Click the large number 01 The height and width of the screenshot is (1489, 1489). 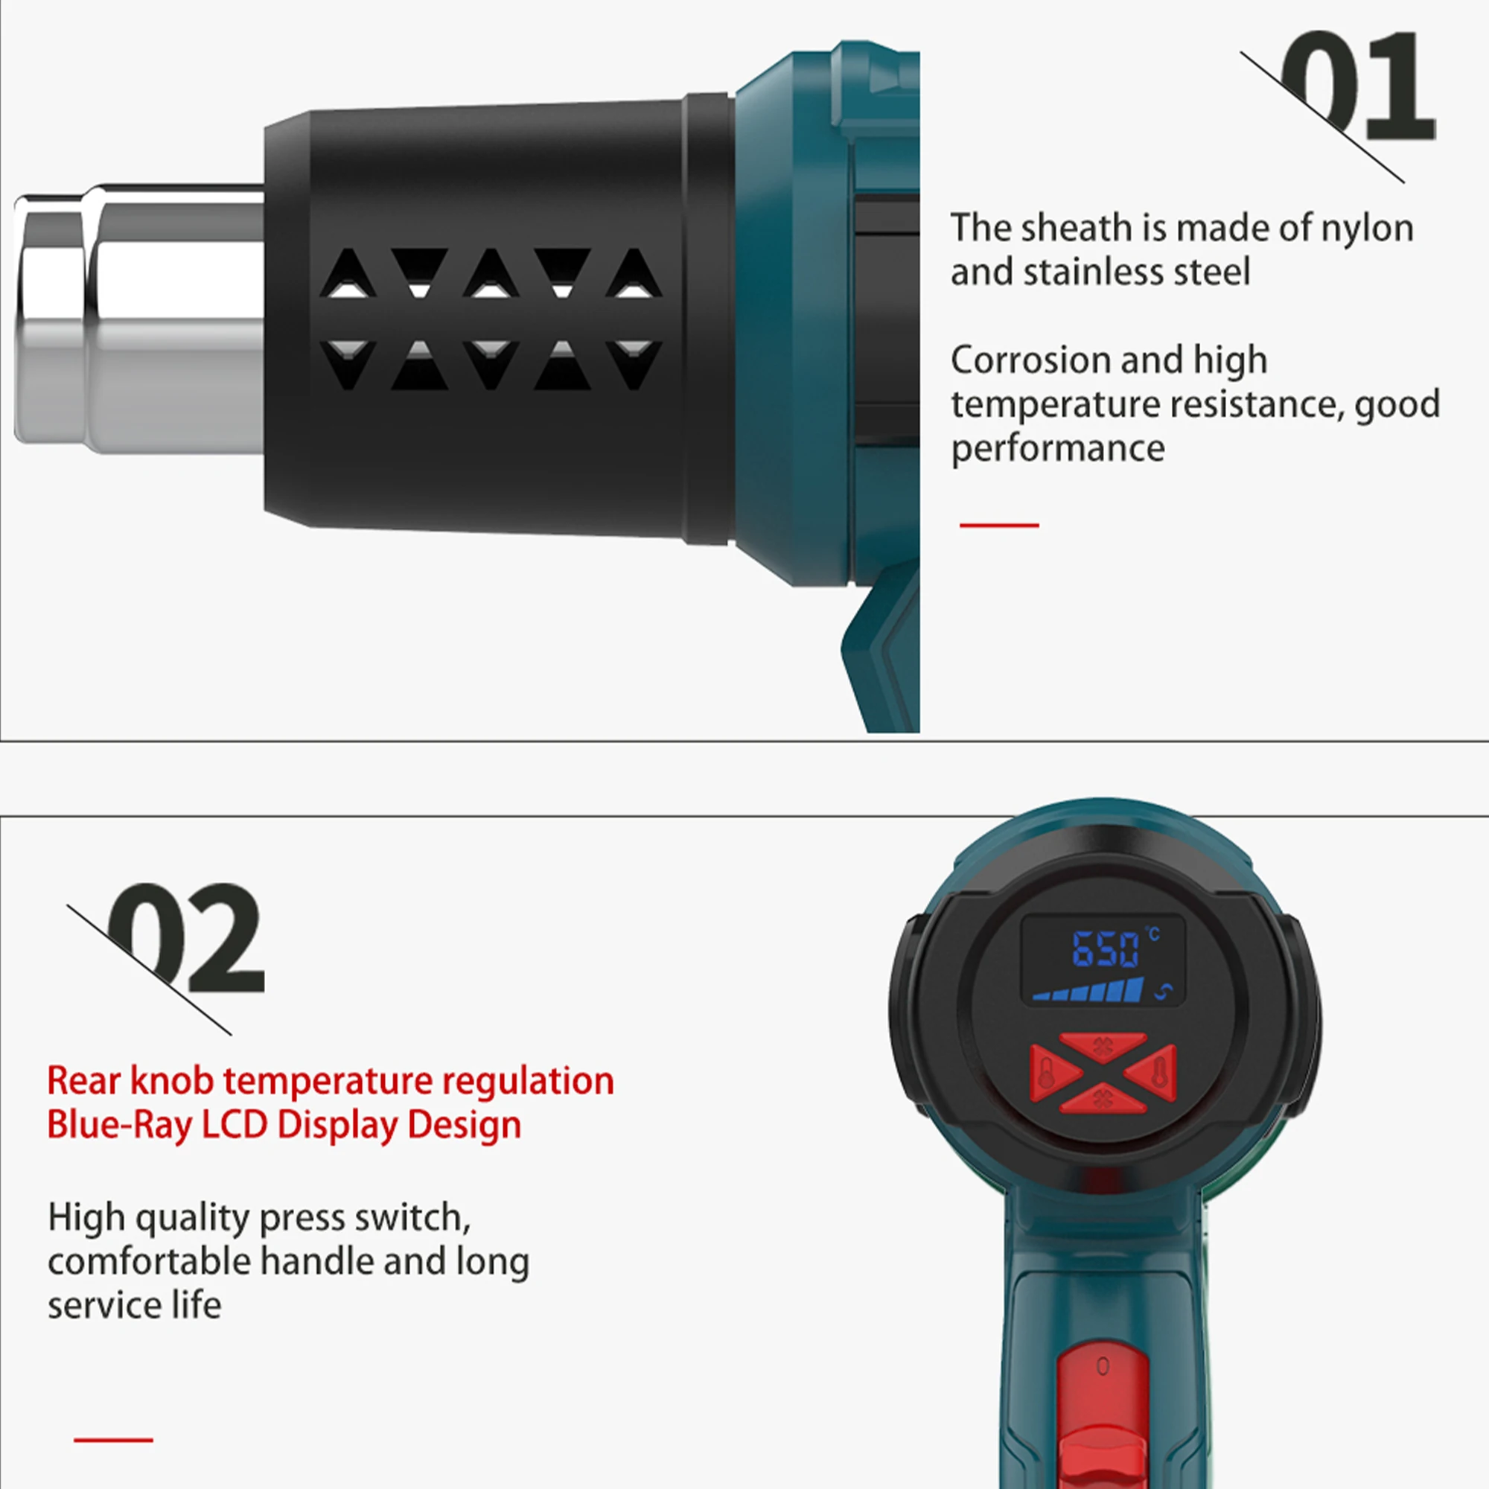[x=1357, y=86]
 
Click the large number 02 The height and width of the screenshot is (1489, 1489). [x=185, y=937]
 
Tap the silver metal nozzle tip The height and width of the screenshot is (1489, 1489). [x=138, y=319]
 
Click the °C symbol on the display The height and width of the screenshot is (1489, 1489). [x=1153, y=934]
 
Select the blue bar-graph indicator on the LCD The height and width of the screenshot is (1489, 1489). [x=1088, y=989]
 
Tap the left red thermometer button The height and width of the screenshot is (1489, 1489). [x=1054, y=1072]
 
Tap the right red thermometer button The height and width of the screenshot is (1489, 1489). [x=1152, y=1071]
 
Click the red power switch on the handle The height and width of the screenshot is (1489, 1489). [x=1103, y=1416]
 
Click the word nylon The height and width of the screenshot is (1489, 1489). [x=1367, y=229]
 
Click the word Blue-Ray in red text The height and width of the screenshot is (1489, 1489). [x=119, y=1126]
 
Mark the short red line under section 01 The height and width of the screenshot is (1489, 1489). [x=999, y=525]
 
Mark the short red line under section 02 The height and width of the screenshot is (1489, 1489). [x=113, y=1440]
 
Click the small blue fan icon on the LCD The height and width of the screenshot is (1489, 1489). [x=1164, y=991]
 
